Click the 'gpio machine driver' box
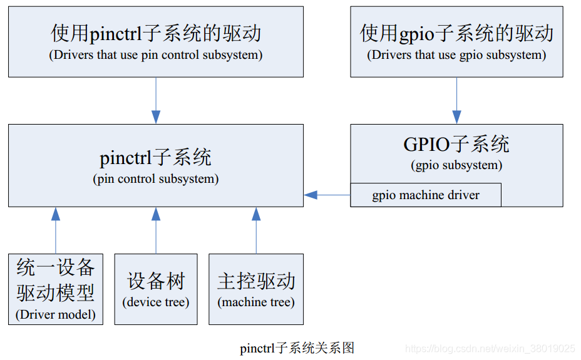[x=426, y=195]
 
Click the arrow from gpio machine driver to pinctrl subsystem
[x=327, y=195]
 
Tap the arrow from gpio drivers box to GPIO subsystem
[x=456, y=100]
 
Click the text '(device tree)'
[x=156, y=302]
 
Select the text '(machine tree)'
[x=256, y=302]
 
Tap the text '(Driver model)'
[x=56, y=314]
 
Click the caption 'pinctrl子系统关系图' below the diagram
[x=297, y=348]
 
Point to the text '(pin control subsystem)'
[x=156, y=179]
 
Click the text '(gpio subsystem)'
[x=456, y=166]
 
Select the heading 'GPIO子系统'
[x=456, y=145]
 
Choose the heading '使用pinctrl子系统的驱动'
[x=156, y=33]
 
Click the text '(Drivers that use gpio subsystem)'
[x=456, y=55]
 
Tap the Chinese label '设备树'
[x=156, y=281]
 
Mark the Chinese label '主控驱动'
[x=256, y=281]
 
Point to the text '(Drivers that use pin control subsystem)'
[x=156, y=55]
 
